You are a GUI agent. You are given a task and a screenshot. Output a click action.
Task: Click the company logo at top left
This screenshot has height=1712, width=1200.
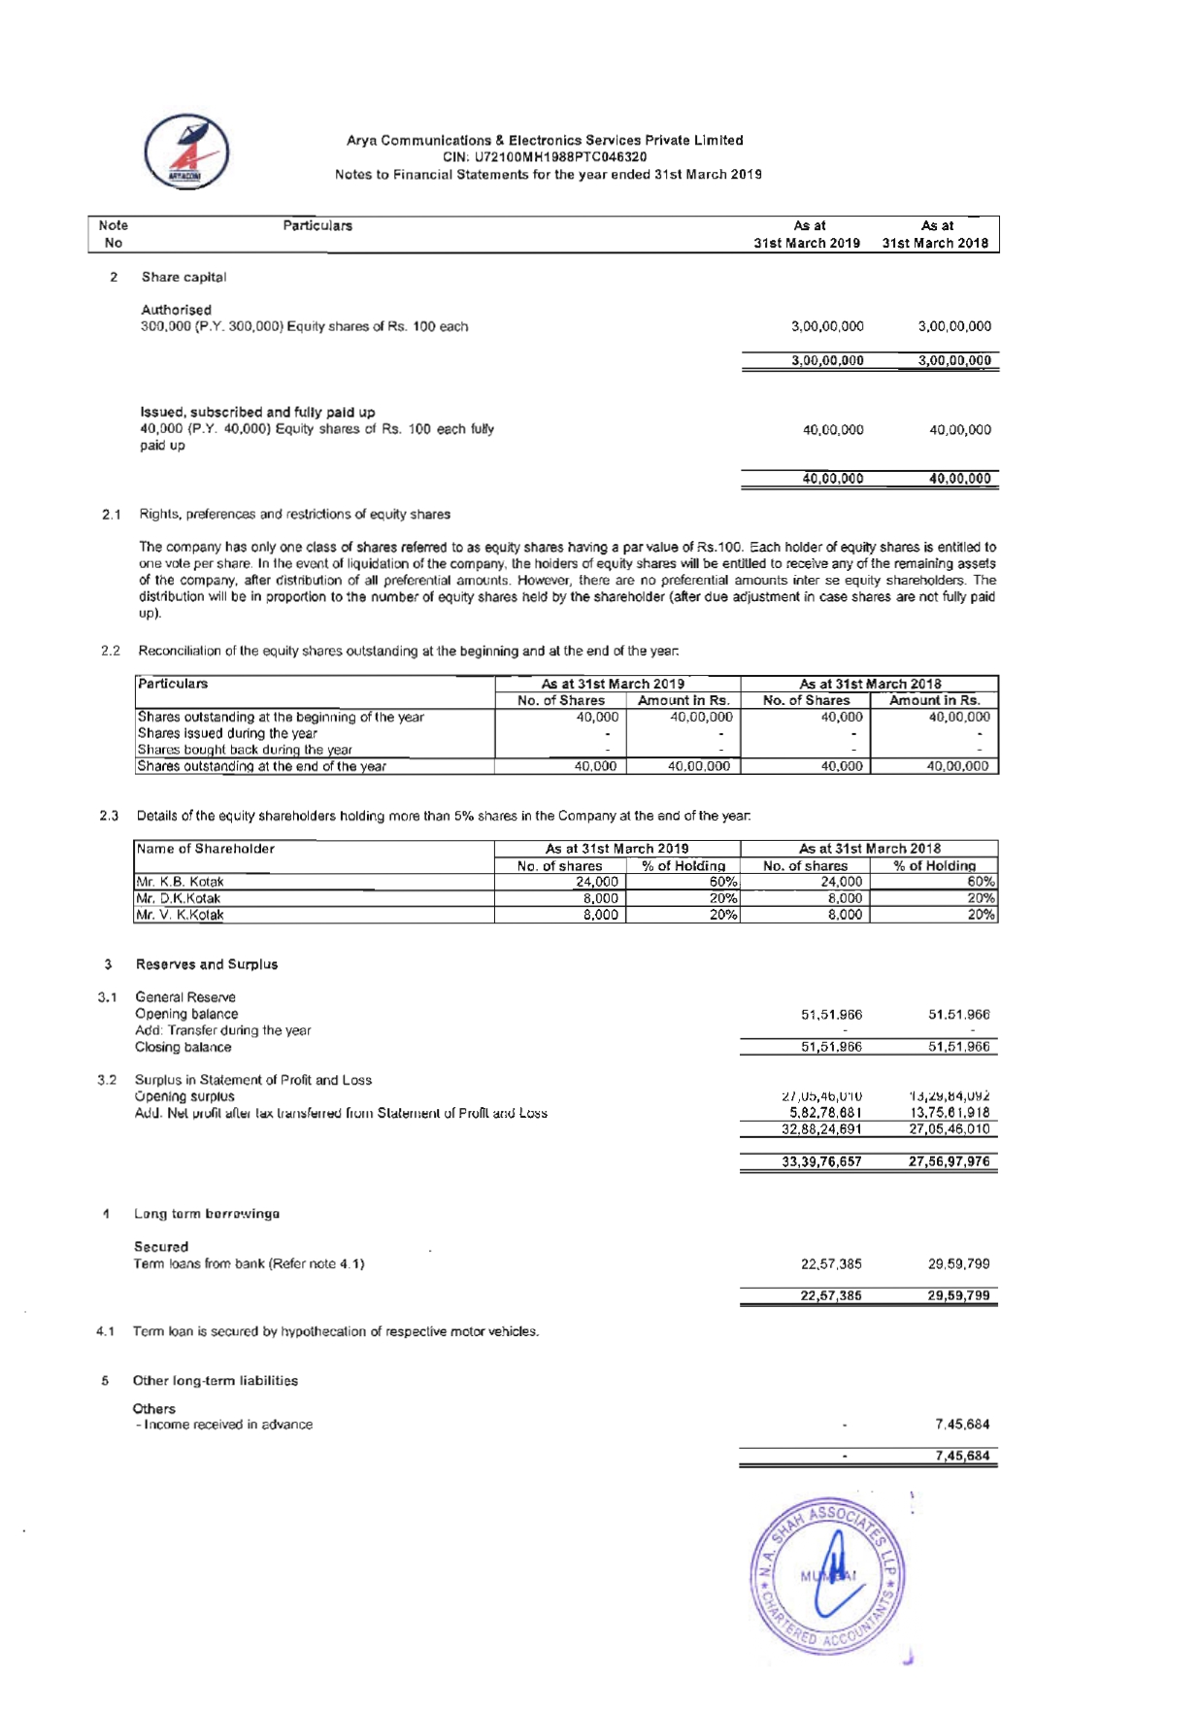[186, 152]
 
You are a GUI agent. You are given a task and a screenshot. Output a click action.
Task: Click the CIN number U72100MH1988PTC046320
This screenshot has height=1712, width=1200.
[545, 157]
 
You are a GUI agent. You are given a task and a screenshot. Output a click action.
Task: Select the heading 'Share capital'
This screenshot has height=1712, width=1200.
[183, 278]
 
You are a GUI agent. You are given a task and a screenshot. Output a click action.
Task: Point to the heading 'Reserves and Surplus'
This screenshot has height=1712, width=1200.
[207, 964]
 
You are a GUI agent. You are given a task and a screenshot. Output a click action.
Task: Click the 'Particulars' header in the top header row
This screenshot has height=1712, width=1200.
[317, 226]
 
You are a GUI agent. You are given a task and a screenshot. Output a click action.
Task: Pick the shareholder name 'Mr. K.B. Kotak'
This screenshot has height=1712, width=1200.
[181, 882]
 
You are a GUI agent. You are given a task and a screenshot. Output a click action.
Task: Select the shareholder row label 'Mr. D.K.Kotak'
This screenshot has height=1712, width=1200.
[179, 898]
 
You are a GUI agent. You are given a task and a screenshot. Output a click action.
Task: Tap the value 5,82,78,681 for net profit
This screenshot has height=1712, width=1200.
[821, 1113]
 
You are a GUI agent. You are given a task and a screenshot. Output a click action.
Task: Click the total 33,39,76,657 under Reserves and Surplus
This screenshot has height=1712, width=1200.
[821, 1161]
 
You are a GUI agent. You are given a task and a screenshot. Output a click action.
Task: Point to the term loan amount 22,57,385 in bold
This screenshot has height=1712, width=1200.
[831, 1295]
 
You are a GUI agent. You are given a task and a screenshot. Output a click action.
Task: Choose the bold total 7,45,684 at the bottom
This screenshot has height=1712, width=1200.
[962, 1456]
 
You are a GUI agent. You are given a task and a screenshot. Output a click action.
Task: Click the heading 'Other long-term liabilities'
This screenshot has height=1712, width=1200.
[216, 1381]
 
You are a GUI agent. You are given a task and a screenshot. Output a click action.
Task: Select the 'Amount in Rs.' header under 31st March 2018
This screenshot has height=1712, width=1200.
[934, 700]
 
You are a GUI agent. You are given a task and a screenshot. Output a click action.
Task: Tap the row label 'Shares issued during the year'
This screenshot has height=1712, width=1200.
[227, 733]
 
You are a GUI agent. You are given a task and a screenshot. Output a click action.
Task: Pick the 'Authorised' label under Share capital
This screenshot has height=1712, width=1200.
[176, 310]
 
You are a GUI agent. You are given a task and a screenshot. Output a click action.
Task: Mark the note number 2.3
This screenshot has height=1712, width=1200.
[109, 816]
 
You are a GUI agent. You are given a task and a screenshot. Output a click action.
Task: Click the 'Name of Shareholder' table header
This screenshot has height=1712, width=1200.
[206, 849]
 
